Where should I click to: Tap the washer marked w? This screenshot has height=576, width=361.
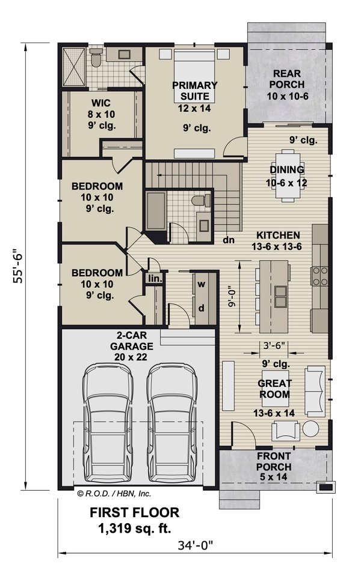click(202, 283)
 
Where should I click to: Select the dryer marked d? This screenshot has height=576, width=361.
click(202, 308)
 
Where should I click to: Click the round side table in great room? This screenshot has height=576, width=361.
click(310, 428)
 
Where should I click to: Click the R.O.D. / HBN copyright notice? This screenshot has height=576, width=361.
click(114, 494)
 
